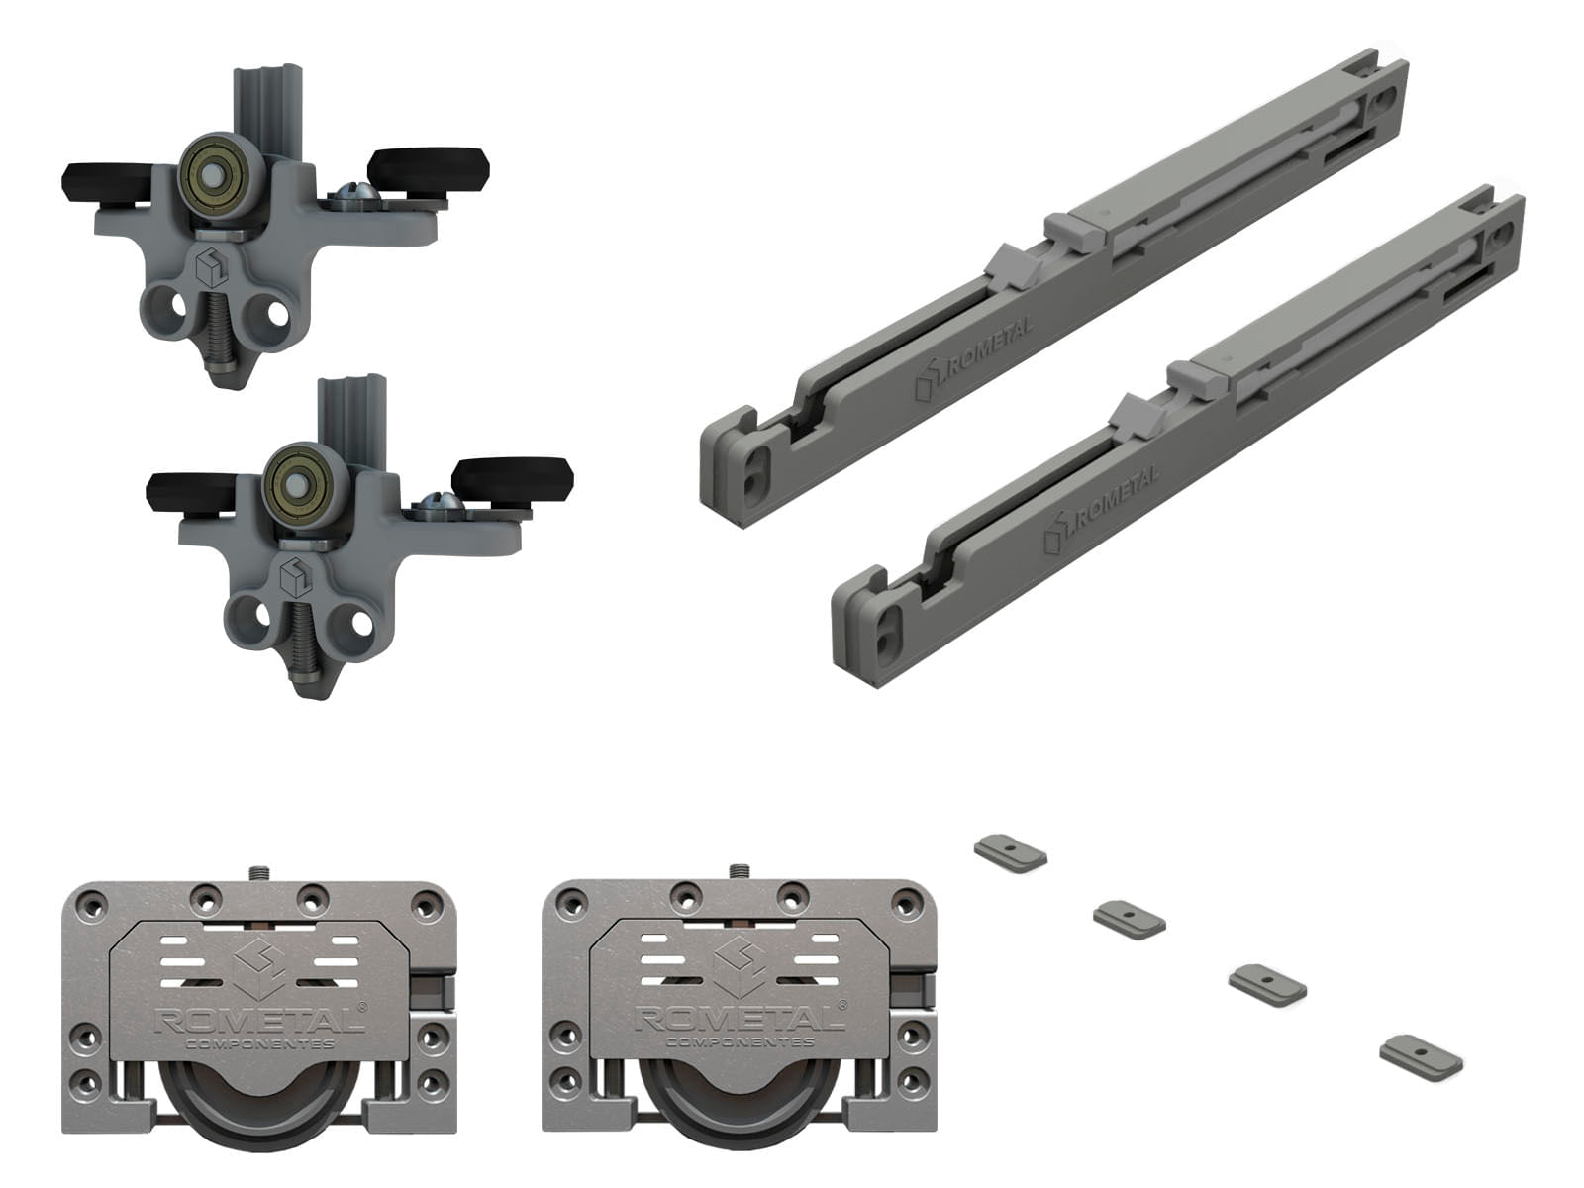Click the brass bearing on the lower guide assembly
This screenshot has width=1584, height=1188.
297,482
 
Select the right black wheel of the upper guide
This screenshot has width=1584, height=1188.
428,169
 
